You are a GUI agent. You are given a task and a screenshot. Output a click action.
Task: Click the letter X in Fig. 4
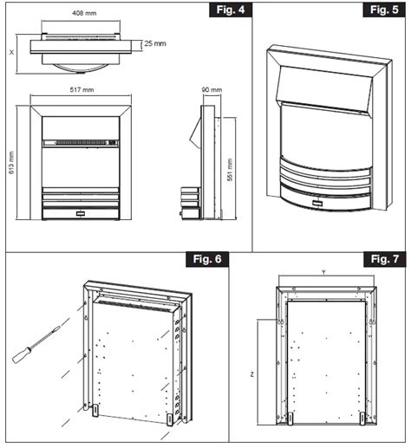[10, 50]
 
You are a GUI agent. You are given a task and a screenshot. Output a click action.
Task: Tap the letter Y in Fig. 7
[323, 269]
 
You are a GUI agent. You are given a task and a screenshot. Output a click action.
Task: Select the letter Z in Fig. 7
[251, 375]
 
